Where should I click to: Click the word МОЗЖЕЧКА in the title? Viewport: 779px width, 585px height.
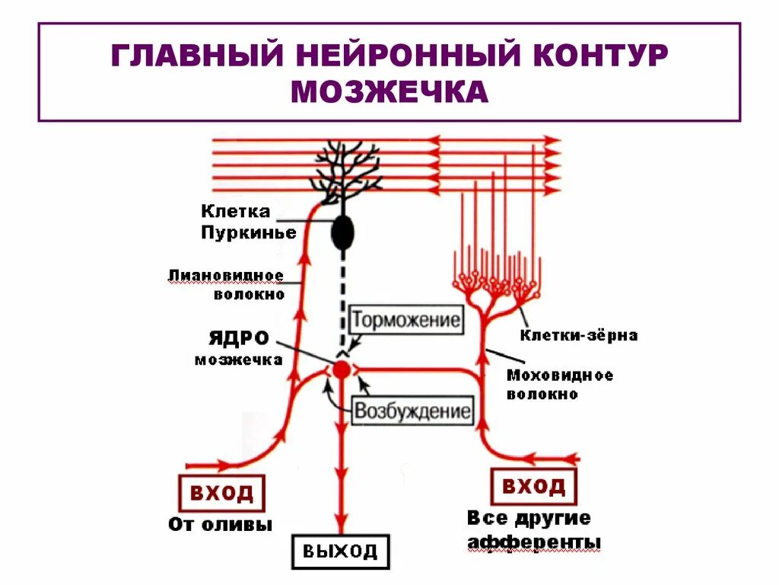coord(389,91)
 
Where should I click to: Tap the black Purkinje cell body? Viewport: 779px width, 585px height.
coord(343,232)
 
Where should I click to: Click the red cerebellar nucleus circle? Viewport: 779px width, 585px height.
coord(342,369)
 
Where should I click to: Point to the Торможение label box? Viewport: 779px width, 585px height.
coord(405,320)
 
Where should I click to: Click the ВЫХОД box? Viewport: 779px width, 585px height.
coord(340,551)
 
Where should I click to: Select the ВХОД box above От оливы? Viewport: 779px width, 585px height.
coord(221,493)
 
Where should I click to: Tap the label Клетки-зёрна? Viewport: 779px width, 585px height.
coord(579,335)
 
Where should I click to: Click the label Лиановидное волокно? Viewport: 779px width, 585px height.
coord(227,284)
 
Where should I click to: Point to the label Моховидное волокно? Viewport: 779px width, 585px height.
coord(559,385)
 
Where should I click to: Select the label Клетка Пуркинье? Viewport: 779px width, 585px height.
coord(248,222)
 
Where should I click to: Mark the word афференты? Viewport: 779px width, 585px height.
coord(534,542)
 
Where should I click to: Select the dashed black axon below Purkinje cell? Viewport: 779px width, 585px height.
coord(343,297)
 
